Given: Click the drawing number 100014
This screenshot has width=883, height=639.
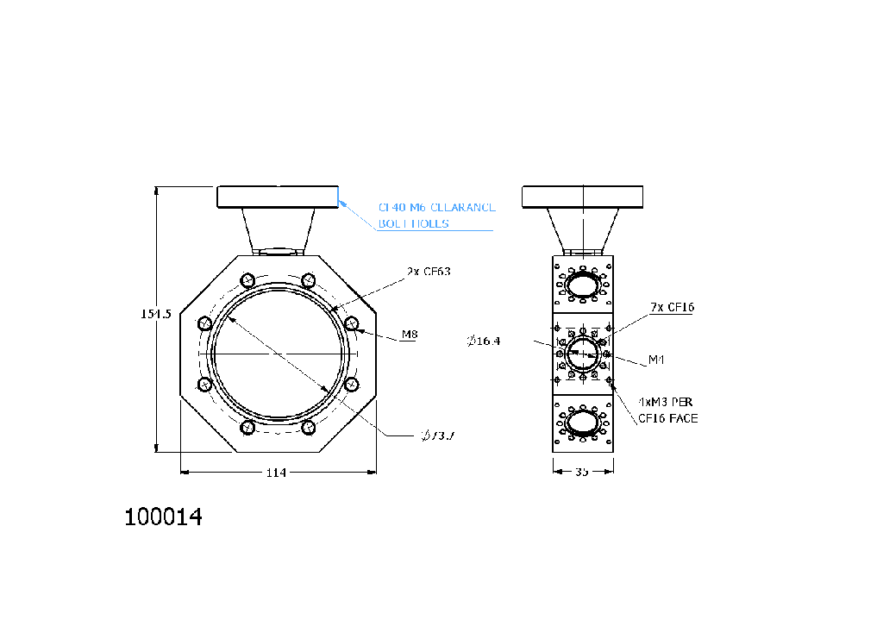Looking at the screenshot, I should pos(164,517).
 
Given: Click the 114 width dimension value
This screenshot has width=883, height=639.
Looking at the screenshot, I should pos(276,473).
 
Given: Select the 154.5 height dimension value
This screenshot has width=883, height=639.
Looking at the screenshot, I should pos(156,315).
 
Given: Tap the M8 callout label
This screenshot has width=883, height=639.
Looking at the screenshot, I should pos(410,335).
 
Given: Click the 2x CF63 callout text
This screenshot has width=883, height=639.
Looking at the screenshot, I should pos(429,271).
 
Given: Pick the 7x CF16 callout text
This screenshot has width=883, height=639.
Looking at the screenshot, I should pos(673,307).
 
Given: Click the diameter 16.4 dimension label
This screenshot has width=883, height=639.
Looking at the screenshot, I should pos(484,341).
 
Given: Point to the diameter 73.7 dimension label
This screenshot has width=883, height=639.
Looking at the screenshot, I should pos(438,435).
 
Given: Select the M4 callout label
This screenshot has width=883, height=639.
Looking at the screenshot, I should pos(657,359).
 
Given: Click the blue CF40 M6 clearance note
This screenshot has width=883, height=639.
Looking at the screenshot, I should pos(436,216).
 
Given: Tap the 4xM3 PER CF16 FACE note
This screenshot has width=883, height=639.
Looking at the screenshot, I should pos(667,410).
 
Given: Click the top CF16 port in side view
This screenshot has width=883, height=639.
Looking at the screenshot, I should pos(583,285).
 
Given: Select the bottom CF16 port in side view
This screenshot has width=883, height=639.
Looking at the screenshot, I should pos(583,423).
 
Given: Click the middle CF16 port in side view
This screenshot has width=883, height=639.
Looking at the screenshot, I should pos(583,353).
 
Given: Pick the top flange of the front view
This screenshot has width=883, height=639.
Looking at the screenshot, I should pos(278,197).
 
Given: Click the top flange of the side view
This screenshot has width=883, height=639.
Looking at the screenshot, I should pos(583,197).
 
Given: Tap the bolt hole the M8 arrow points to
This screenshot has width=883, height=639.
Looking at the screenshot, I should pos(351,323).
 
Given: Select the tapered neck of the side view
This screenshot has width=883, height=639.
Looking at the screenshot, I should pos(583,229).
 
